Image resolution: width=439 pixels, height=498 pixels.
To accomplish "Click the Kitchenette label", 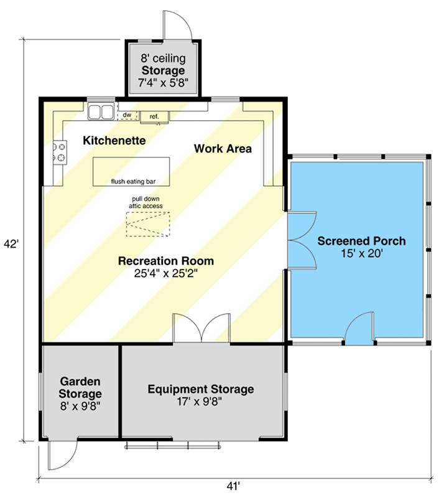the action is (x=114, y=141).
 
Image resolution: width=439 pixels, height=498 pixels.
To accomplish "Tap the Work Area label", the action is (x=223, y=149).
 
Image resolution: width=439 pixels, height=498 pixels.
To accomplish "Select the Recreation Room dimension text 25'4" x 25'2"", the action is (x=165, y=273).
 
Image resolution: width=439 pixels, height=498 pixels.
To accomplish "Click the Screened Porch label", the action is (x=361, y=241).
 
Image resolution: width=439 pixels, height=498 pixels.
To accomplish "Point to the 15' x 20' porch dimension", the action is (x=362, y=253).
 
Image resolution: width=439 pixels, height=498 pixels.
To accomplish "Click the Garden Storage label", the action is (x=80, y=387).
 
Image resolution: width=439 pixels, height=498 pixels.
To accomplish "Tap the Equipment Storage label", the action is (x=201, y=389).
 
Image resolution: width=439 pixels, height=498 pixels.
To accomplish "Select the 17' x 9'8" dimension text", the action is (x=199, y=402).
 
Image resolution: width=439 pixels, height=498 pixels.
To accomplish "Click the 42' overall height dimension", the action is (x=11, y=244).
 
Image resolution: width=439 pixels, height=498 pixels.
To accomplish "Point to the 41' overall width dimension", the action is (x=233, y=486).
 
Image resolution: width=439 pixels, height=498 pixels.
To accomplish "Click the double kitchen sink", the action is (x=101, y=111).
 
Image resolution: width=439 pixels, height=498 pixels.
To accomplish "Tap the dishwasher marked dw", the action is (x=127, y=115).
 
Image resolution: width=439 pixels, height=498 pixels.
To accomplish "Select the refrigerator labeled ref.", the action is (x=154, y=117).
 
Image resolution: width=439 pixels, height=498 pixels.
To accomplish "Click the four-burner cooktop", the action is (x=59, y=152).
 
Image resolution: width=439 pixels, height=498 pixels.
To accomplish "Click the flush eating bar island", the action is (x=131, y=172).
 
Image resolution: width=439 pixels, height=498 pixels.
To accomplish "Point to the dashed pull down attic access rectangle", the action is (x=148, y=224).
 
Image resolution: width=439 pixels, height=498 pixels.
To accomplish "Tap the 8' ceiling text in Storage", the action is (x=163, y=58).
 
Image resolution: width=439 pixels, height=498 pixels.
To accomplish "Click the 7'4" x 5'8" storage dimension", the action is (x=163, y=83).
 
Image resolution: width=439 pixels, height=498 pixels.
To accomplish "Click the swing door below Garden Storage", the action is (x=62, y=455).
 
